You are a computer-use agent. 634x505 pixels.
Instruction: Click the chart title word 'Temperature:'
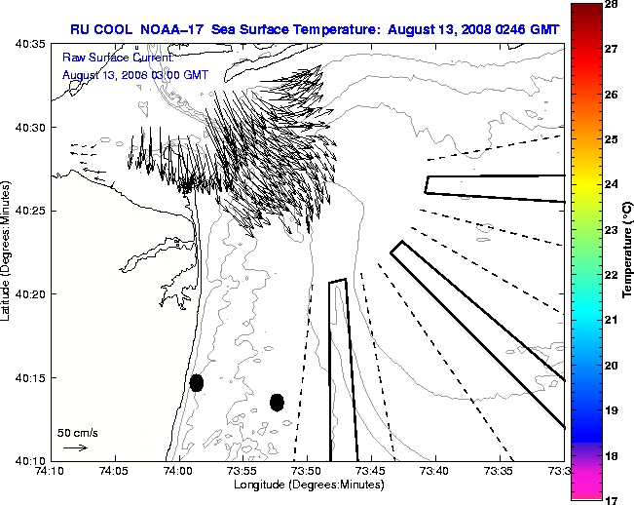click(x=339, y=29)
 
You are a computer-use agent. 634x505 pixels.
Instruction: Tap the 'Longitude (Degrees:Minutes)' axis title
click(x=307, y=485)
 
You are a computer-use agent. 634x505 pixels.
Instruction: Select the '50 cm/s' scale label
click(x=78, y=432)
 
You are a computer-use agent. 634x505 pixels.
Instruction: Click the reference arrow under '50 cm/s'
click(x=75, y=447)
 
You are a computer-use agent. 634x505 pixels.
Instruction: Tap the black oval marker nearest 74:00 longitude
click(x=197, y=382)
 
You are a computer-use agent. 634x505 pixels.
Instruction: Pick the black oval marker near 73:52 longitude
click(x=277, y=402)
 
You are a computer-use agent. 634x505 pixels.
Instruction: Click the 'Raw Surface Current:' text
click(x=106, y=58)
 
